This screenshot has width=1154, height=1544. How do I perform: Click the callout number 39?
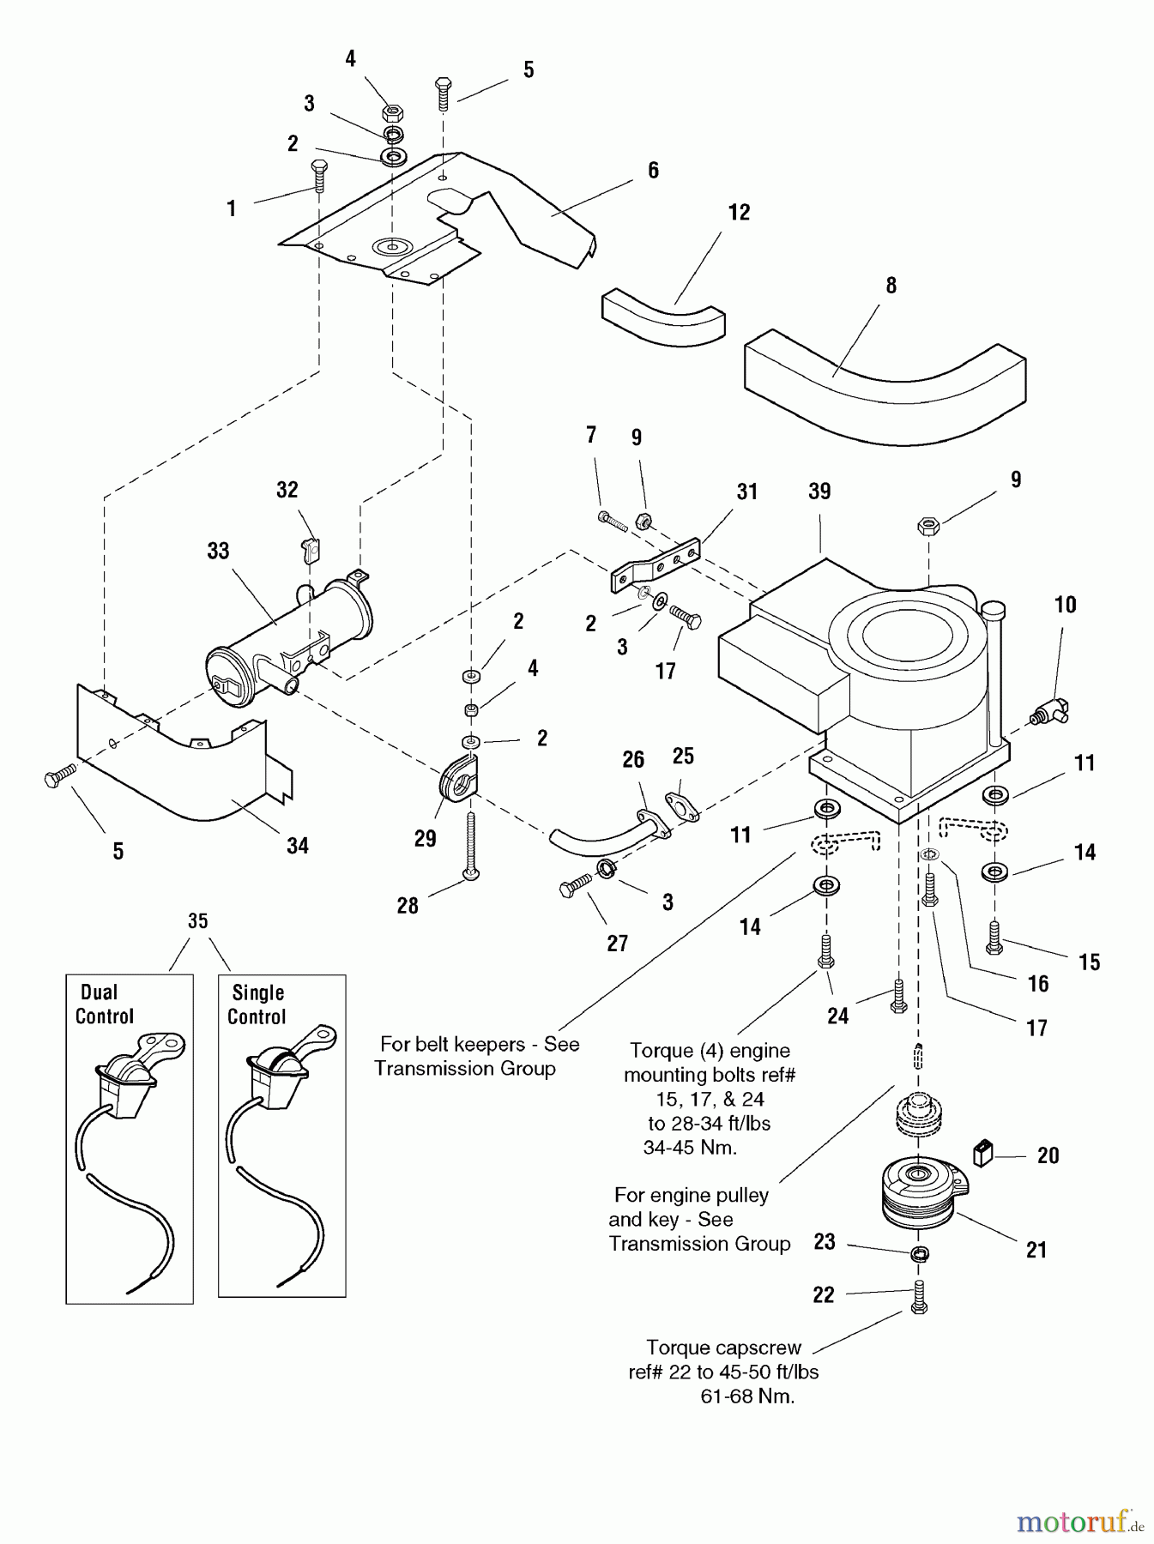(819, 492)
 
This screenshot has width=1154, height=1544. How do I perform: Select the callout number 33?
(218, 551)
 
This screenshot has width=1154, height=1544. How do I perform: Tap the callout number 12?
(739, 213)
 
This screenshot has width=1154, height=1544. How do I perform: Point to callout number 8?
(891, 286)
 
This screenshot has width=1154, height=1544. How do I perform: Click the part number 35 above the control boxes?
(197, 921)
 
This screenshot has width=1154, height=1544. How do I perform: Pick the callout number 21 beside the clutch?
(1036, 1250)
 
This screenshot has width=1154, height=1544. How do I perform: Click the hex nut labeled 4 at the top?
(392, 112)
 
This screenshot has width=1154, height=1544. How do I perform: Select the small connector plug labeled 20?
(983, 1155)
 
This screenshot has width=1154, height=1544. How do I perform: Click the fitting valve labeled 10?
(1047, 710)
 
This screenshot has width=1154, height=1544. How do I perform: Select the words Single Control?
(257, 1004)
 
